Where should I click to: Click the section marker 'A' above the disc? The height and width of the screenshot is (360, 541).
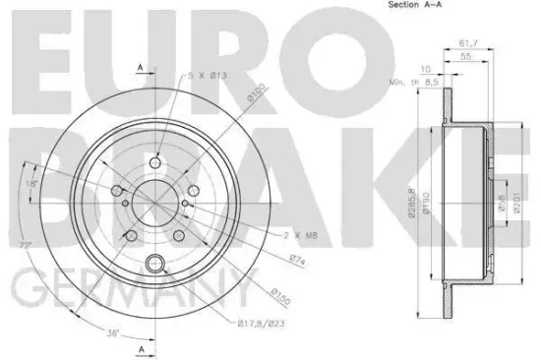tap(141, 67)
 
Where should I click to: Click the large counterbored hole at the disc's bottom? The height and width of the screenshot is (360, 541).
tap(153, 263)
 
